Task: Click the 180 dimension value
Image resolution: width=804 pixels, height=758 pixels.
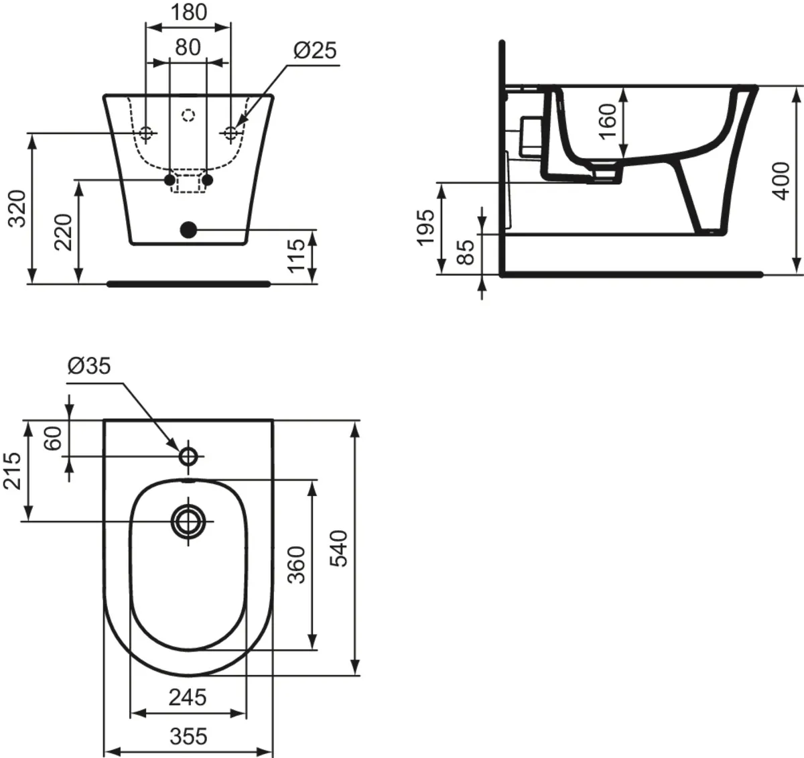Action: tap(188, 12)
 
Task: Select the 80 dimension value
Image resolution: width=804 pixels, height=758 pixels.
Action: tap(188, 47)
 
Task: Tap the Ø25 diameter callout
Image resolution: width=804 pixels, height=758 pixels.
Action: tap(315, 50)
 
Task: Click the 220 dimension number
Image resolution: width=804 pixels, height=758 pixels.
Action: tap(64, 231)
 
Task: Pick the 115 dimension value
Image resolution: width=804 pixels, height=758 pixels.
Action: tap(295, 255)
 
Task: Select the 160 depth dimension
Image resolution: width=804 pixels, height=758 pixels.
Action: tap(607, 121)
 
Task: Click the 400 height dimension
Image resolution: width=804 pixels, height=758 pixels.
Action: tap(780, 180)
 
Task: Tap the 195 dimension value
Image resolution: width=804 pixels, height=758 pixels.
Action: tap(425, 228)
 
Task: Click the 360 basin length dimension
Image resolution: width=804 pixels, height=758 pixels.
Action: tap(296, 564)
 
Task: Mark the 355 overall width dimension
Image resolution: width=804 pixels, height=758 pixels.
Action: tap(188, 736)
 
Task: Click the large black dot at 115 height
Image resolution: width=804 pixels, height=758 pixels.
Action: tap(189, 230)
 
